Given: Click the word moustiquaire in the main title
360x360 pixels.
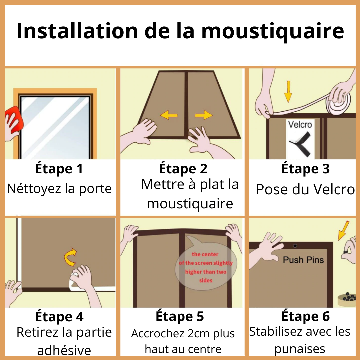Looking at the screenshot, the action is pyautogui.click(x=273, y=31).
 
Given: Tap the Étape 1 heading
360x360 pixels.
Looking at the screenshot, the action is pyautogui.click(x=59, y=169).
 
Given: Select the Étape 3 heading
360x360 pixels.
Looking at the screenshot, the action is pyautogui.click(x=306, y=169).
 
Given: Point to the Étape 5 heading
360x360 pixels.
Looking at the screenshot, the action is pyautogui.click(x=180, y=316).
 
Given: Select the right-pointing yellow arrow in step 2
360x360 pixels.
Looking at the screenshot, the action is pyautogui.click(x=204, y=115).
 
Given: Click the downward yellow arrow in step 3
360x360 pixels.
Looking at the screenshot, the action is pyautogui.click(x=288, y=91).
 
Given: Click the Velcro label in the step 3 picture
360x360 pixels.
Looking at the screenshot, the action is pyautogui.click(x=300, y=124).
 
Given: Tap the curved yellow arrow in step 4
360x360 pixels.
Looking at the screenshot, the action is pyautogui.click(x=70, y=257).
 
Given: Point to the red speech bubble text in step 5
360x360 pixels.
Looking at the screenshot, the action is pyautogui.click(x=206, y=267).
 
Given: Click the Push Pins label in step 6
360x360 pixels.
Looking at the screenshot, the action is pyautogui.click(x=303, y=260).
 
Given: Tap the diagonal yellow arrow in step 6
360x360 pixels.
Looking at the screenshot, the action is pyautogui.click(x=344, y=231).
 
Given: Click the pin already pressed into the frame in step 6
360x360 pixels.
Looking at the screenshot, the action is pyautogui.click(x=295, y=246).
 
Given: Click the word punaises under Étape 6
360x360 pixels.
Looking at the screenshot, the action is pyautogui.click(x=300, y=349).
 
